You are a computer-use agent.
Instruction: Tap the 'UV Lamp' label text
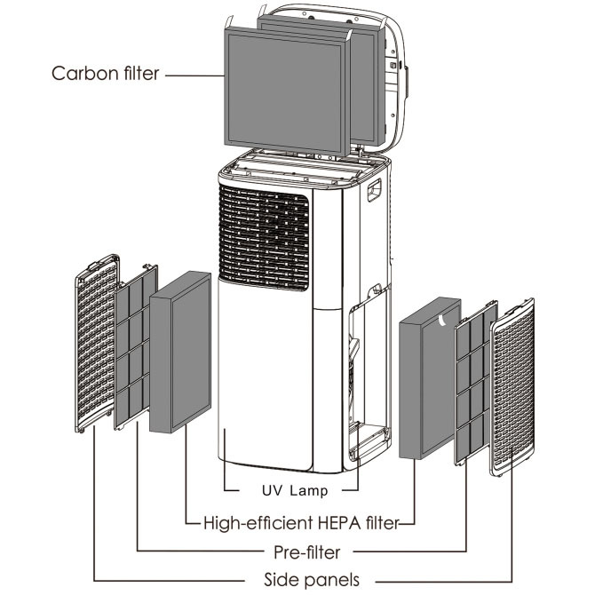click(x=294, y=489)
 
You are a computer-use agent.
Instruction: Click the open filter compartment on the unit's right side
click(x=368, y=373)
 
